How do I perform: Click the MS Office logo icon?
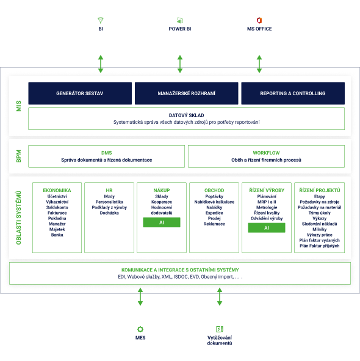coord(259,20)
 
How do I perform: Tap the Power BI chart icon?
coord(180,20)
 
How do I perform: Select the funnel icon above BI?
coord(101,20)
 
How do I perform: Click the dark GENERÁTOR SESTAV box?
coord(80,93)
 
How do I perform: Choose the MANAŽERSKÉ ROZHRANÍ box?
coord(186,93)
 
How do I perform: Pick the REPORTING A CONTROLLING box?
coord(293,93)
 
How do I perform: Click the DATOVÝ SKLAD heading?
coord(186,115)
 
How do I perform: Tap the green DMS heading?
coord(106,153)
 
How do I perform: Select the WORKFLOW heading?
coord(266,153)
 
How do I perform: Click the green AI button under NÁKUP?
coord(162,223)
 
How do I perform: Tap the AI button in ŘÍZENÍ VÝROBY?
coord(267,228)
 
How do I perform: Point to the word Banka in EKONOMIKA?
coord(57,235)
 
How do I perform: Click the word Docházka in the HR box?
coord(109,213)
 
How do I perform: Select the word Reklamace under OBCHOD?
coord(214,224)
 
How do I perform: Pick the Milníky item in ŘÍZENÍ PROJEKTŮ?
coord(320,229)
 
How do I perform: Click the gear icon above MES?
coord(140,329)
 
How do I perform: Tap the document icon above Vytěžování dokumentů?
coord(220,329)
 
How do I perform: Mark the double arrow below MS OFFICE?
coord(259,64)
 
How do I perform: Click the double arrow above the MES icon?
coord(140,297)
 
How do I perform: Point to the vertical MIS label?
coord(19,106)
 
